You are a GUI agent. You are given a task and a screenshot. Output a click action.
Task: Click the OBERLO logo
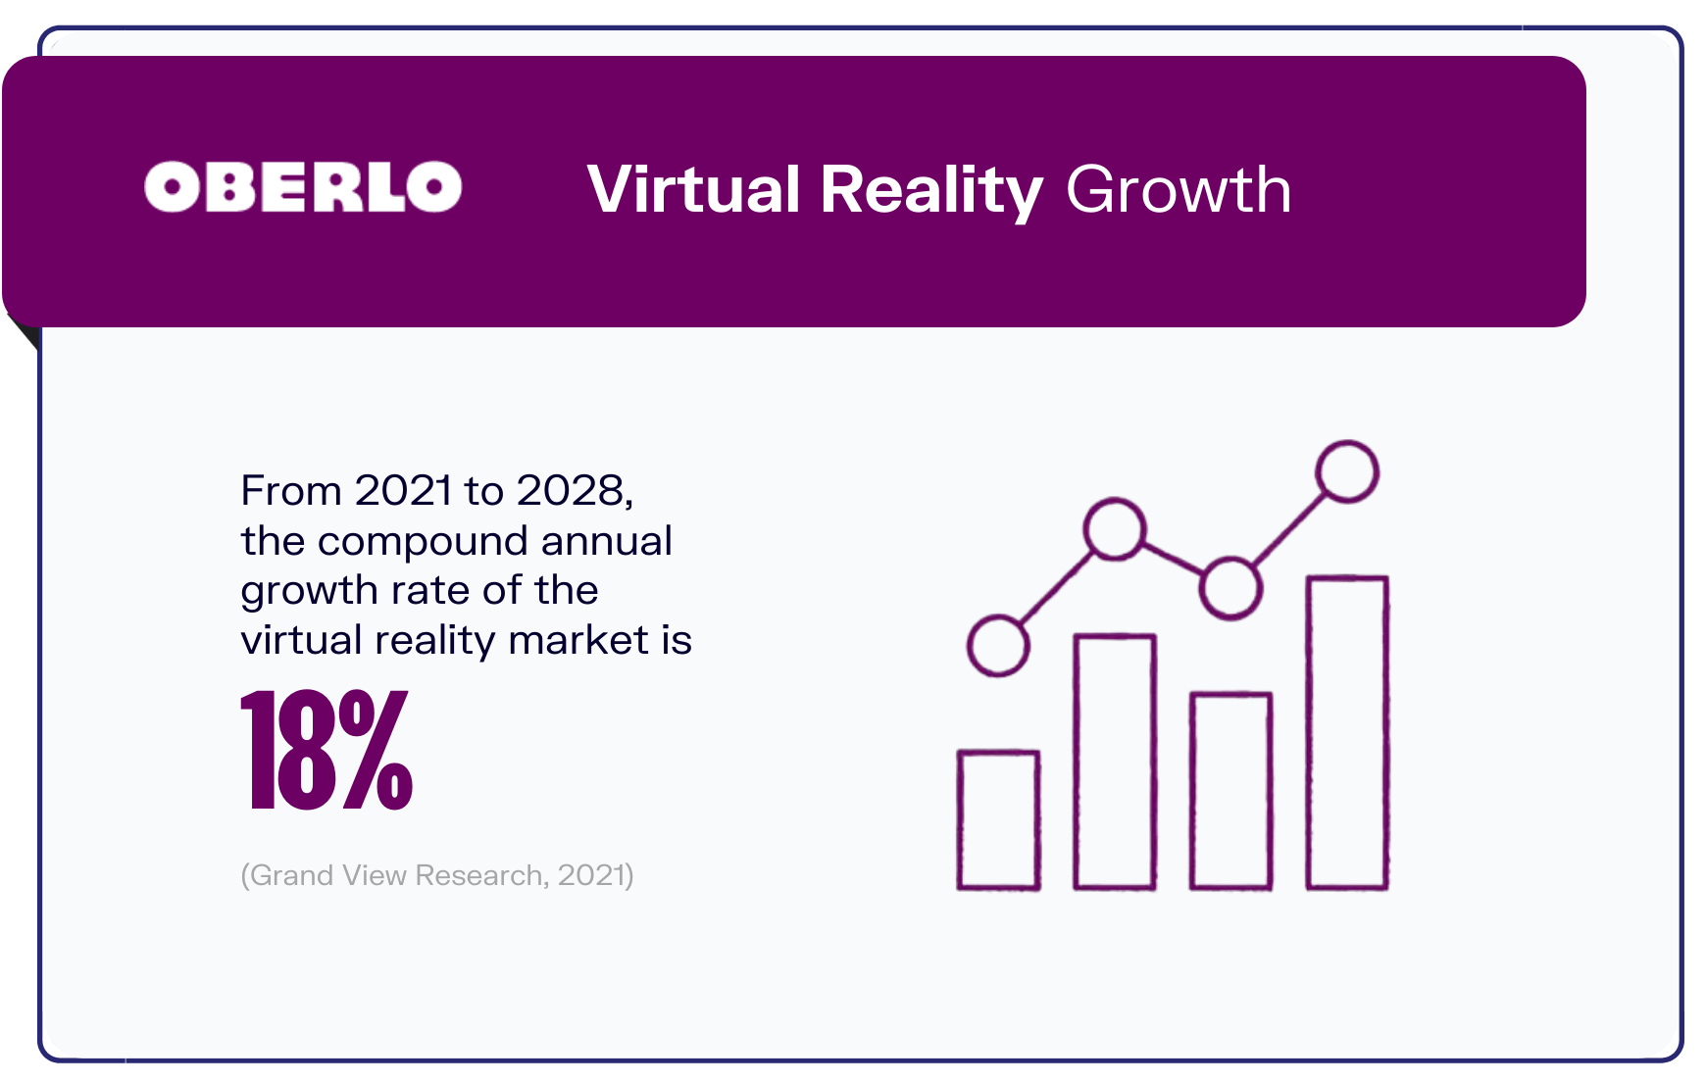pos(303,187)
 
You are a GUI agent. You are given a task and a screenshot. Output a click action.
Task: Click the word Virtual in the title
pos(693,189)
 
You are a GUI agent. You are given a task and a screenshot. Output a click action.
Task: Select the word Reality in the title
pos(931,189)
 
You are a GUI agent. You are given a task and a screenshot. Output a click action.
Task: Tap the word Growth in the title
pos(1179,189)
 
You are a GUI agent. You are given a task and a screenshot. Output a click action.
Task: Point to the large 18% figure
pos(326,751)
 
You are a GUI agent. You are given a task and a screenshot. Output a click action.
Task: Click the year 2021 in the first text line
pos(404,490)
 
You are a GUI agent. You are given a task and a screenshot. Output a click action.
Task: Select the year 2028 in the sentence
pos(572,490)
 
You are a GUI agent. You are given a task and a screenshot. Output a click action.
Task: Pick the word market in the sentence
pos(578,640)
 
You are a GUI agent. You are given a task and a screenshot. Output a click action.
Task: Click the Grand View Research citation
pos(437,874)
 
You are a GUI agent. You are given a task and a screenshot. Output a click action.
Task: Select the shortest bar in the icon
pos(998,820)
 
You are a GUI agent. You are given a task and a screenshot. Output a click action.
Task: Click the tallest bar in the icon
pos(1347,733)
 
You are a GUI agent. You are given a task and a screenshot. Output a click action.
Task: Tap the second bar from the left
pos(1115,763)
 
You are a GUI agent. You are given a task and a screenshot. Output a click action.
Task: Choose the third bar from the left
pos(1230,791)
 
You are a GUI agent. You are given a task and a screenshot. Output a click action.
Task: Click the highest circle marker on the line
pos(1347,471)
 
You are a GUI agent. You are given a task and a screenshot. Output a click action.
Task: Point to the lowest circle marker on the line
pos(998,645)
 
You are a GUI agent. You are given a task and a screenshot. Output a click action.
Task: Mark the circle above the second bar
pos(1115,529)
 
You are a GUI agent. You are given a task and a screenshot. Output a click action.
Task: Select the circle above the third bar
pos(1230,588)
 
